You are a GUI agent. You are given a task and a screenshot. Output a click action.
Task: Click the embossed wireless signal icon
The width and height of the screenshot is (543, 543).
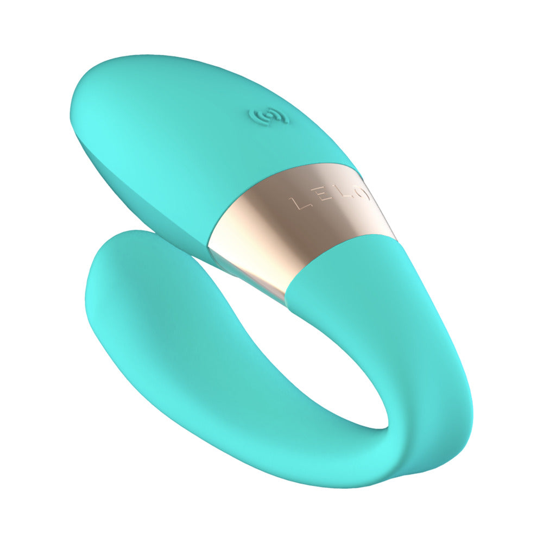point(268,116)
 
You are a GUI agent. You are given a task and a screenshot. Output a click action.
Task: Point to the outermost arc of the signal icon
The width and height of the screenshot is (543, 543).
point(256,116)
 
